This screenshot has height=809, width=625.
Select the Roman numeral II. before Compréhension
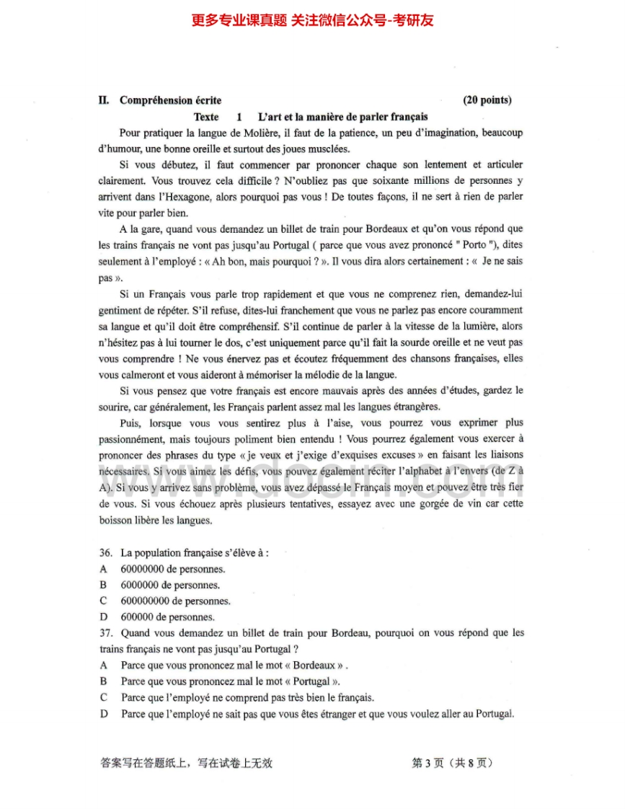coord(104,100)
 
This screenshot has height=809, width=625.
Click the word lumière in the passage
coord(465,326)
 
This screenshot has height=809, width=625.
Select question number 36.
coord(106,553)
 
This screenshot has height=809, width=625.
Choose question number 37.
coord(106,633)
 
